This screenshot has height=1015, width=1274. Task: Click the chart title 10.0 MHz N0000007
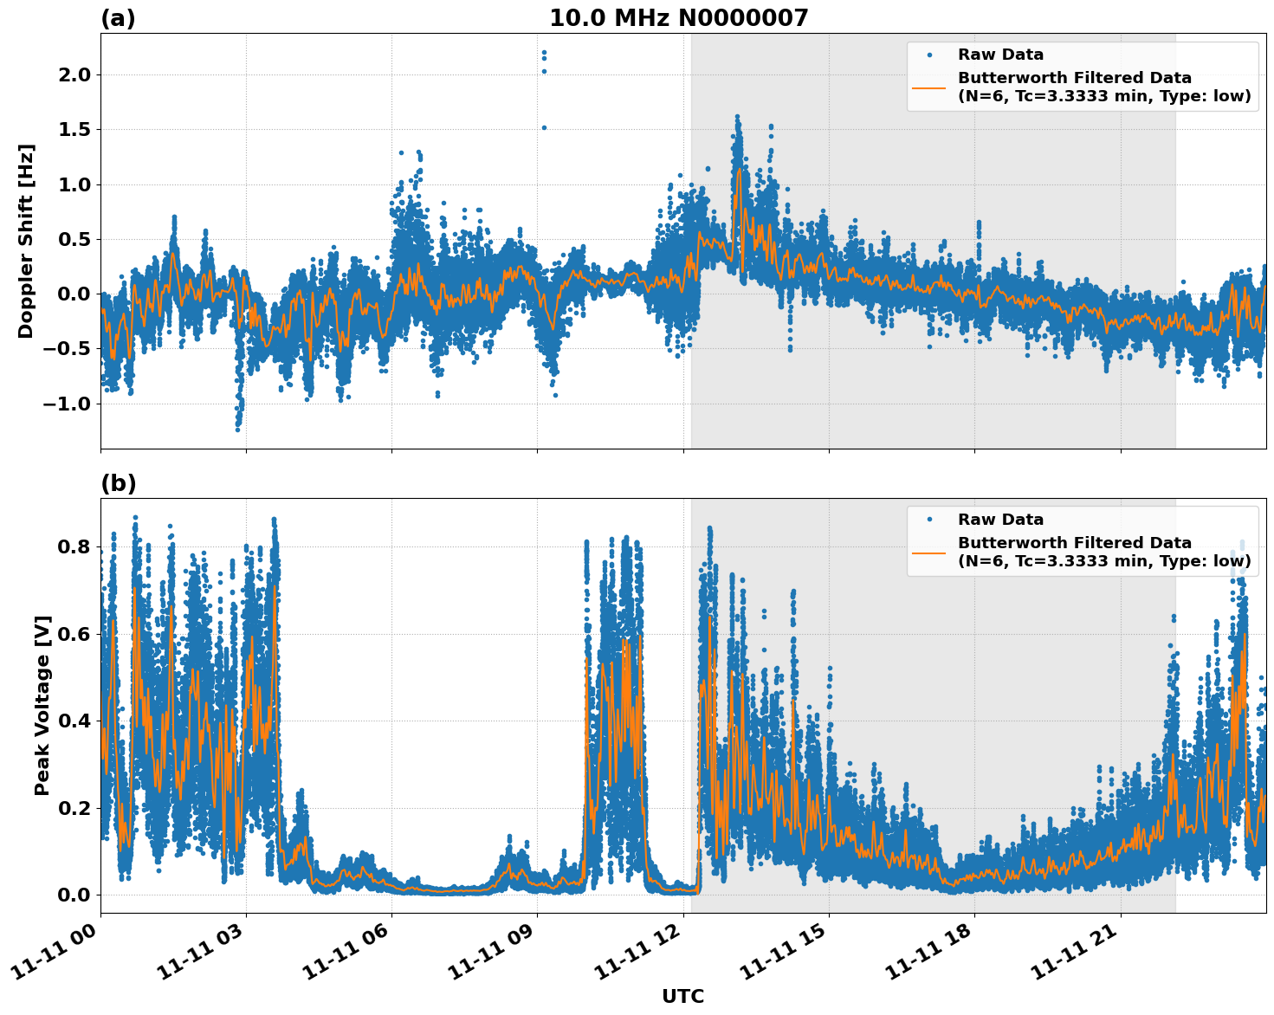(678, 18)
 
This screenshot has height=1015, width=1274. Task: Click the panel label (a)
(118, 18)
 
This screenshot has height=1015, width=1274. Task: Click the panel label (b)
(118, 483)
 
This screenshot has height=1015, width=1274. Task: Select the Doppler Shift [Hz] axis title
(26, 241)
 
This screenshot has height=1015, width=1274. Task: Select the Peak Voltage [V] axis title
(42, 705)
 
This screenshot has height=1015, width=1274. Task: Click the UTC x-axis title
(682, 997)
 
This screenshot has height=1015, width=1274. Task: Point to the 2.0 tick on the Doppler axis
(74, 75)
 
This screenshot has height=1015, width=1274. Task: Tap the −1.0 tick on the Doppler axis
(68, 404)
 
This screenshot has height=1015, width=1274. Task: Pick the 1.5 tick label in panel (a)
(74, 130)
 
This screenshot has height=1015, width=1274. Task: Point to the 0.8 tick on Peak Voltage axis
(74, 547)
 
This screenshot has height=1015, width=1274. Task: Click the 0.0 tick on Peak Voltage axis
(74, 895)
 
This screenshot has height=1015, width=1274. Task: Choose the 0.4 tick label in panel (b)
(74, 721)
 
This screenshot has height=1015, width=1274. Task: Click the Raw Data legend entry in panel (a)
(1000, 55)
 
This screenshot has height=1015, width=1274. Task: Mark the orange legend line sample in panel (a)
(929, 87)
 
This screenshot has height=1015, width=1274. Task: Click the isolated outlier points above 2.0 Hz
(544, 59)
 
